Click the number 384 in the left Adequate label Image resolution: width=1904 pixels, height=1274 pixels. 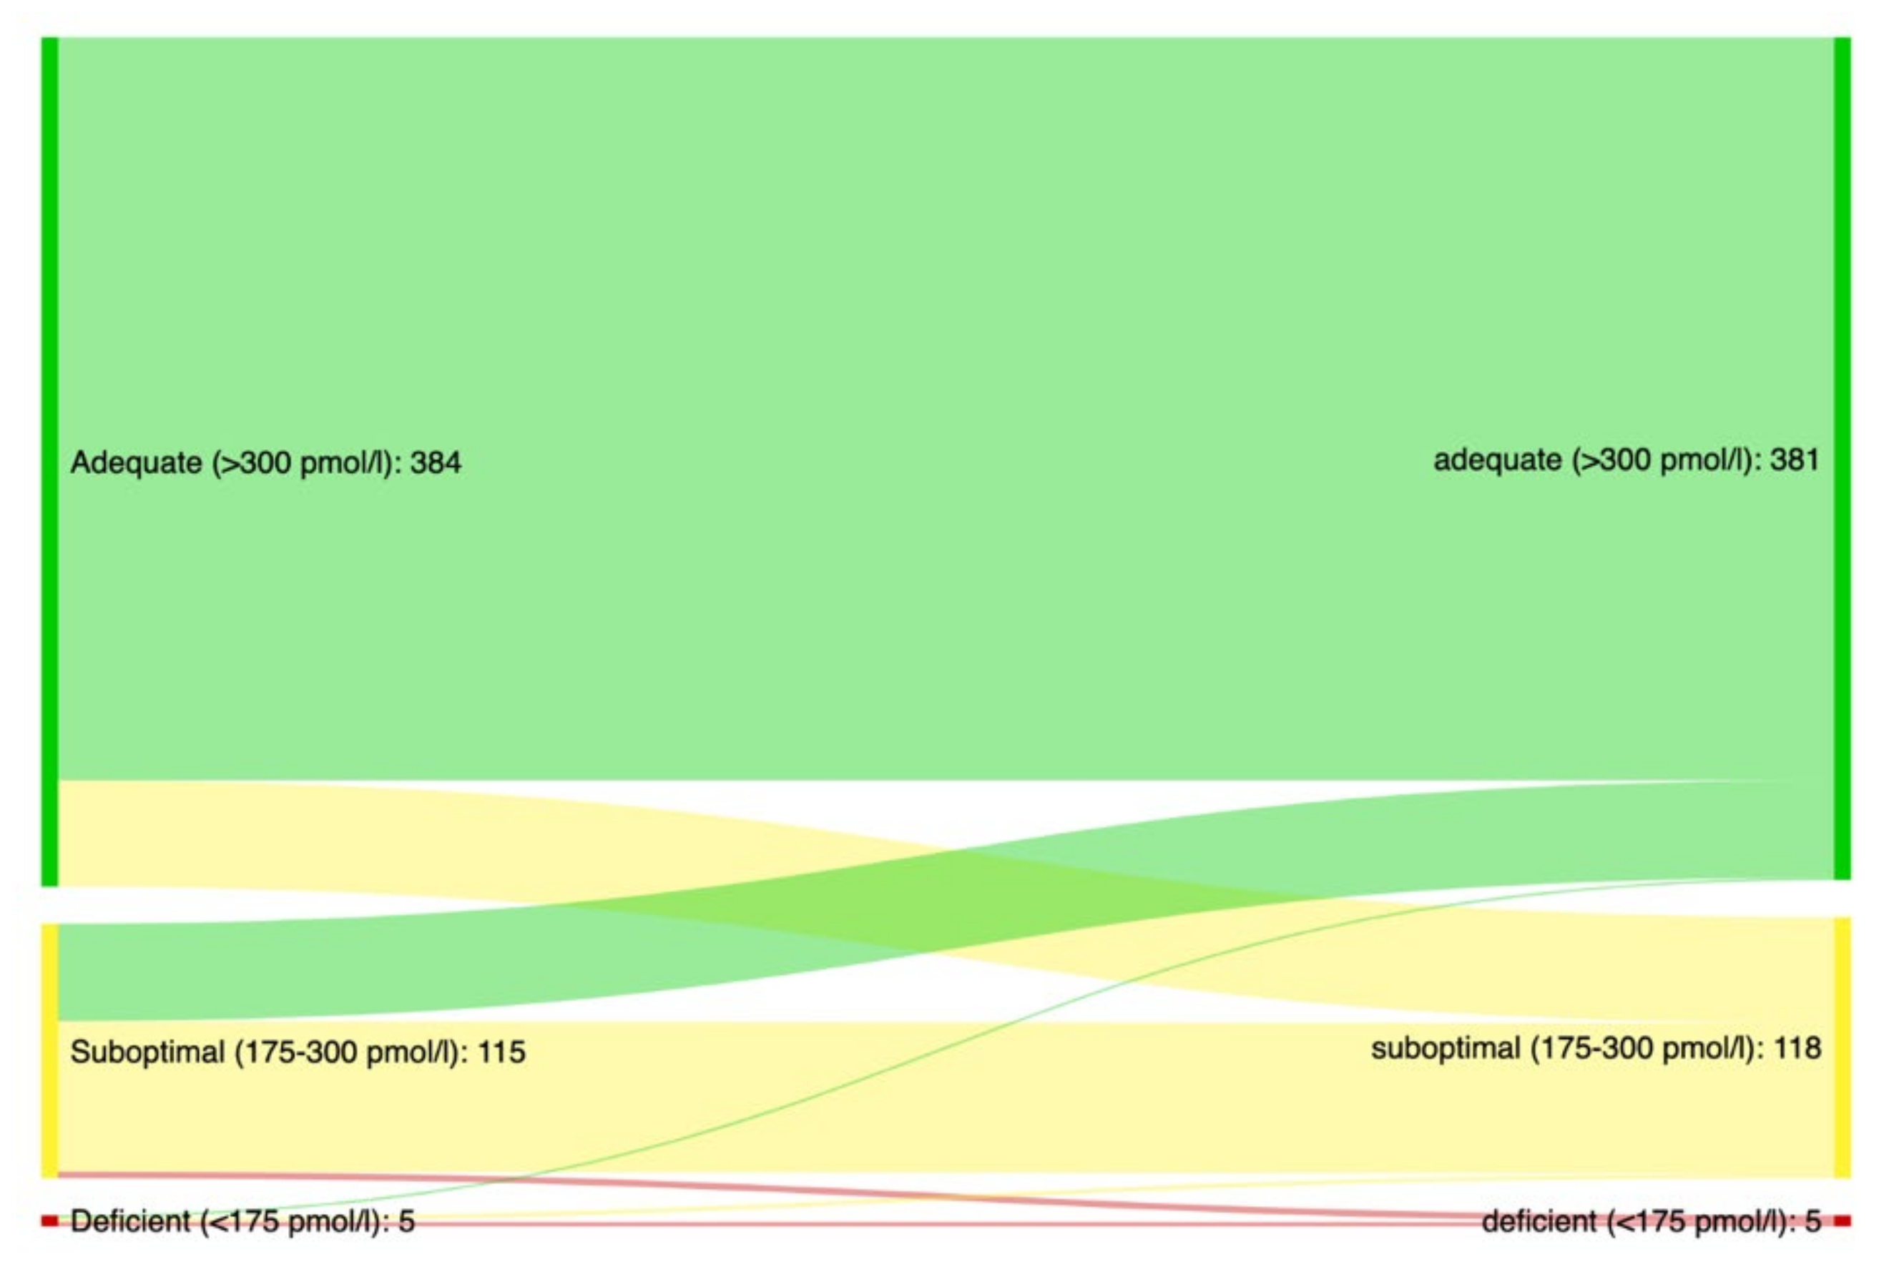point(436,463)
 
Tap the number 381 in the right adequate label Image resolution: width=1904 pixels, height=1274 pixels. point(1795,460)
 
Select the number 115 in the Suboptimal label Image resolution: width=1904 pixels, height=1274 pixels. point(501,1052)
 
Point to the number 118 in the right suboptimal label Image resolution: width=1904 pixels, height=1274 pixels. point(1797,1049)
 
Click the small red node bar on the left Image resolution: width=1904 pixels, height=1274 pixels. point(49,1220)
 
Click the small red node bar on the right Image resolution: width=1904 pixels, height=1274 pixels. point(1842,1220)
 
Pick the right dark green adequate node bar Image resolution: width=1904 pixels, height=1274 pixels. point(1842,459)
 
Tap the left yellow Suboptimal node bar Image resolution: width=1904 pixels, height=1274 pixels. point(49,1050)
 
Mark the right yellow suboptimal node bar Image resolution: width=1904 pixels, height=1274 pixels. point(1842,1048)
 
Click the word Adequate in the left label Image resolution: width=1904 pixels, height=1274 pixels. point(137,463)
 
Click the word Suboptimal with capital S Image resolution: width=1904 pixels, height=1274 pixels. point(147,1052)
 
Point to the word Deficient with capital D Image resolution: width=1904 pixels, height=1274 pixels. point(130,1221)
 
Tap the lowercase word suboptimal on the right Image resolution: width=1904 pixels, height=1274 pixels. point(1446,1049)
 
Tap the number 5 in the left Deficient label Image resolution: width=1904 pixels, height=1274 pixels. point(406,1221)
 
